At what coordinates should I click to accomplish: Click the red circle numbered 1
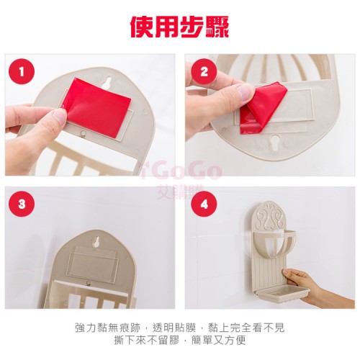[22, 71]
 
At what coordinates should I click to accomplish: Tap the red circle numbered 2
[204, 71]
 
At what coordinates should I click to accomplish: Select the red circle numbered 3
[22, 204]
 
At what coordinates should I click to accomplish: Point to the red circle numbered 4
[204, 204]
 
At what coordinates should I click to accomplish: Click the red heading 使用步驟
[180, 27]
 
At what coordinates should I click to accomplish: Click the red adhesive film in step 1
[97, 106]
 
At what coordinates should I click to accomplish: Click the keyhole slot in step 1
[108, 82]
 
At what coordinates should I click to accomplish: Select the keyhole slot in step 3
[96, 242]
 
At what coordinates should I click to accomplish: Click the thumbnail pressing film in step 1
[58, 115]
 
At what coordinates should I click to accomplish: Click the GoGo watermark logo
[182, 171]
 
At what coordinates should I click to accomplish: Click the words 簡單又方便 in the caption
[219, 341]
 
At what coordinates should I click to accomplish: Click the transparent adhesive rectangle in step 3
[93, 264]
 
